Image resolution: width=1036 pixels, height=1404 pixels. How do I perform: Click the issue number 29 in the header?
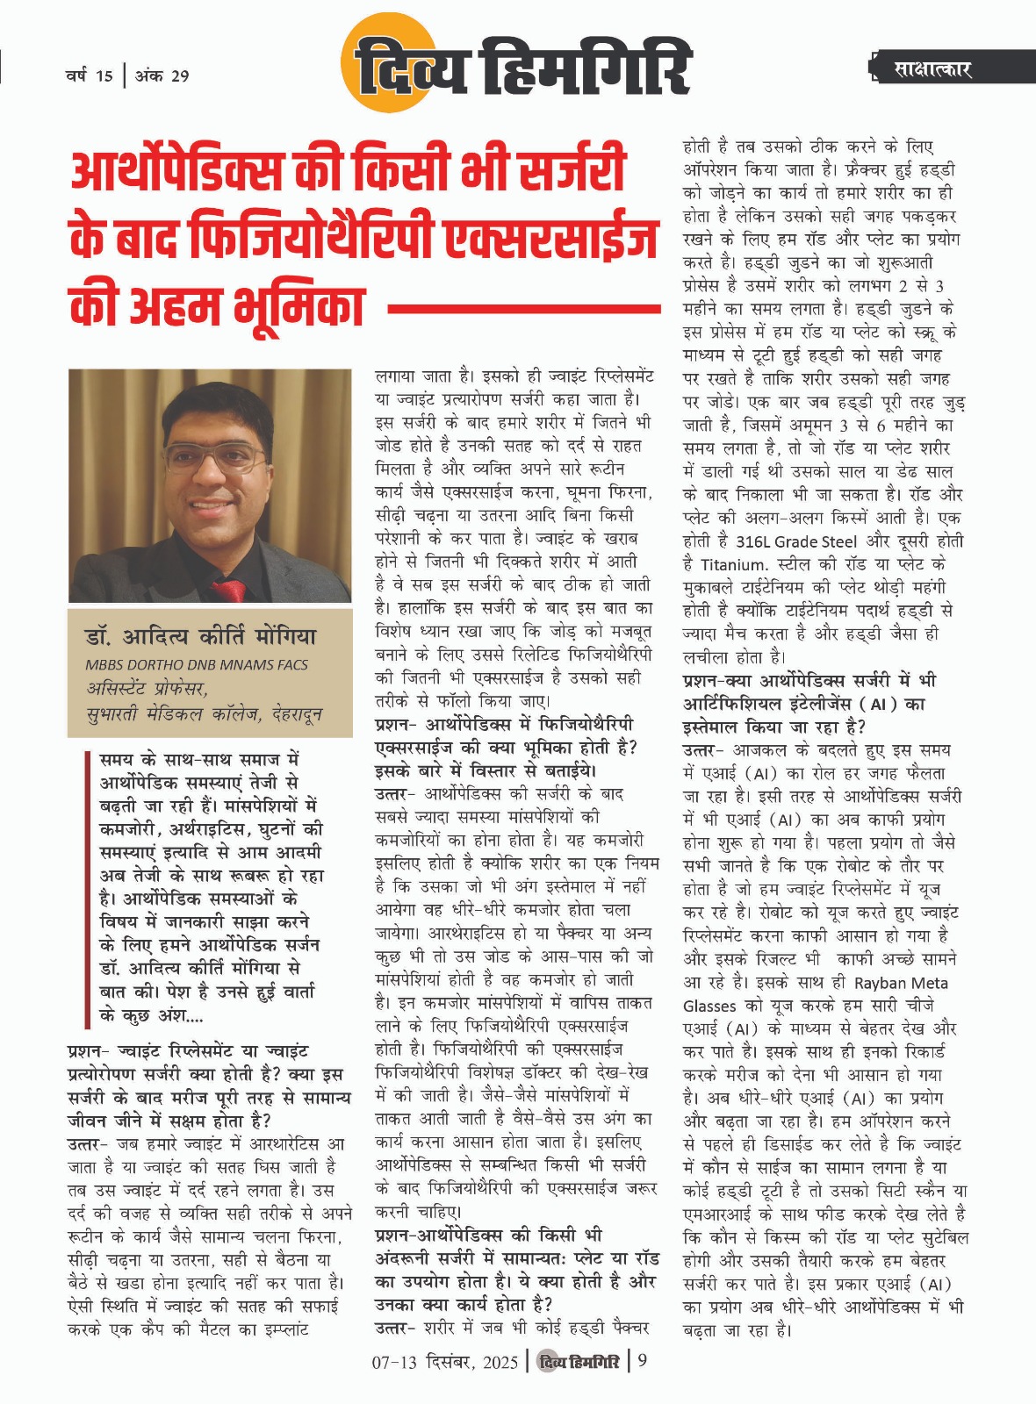[x=179, y=75]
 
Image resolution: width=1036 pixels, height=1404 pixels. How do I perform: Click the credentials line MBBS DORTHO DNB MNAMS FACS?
[x=197, y=664]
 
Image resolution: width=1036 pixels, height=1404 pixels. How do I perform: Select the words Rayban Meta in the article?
[x=901, y=983]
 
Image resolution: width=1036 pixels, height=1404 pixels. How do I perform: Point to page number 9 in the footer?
[x=642, y=1361]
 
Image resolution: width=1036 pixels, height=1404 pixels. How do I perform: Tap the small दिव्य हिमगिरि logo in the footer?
[x=579, y=1362]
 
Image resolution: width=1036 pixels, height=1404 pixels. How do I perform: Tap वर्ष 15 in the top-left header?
[x=89, y=75]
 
